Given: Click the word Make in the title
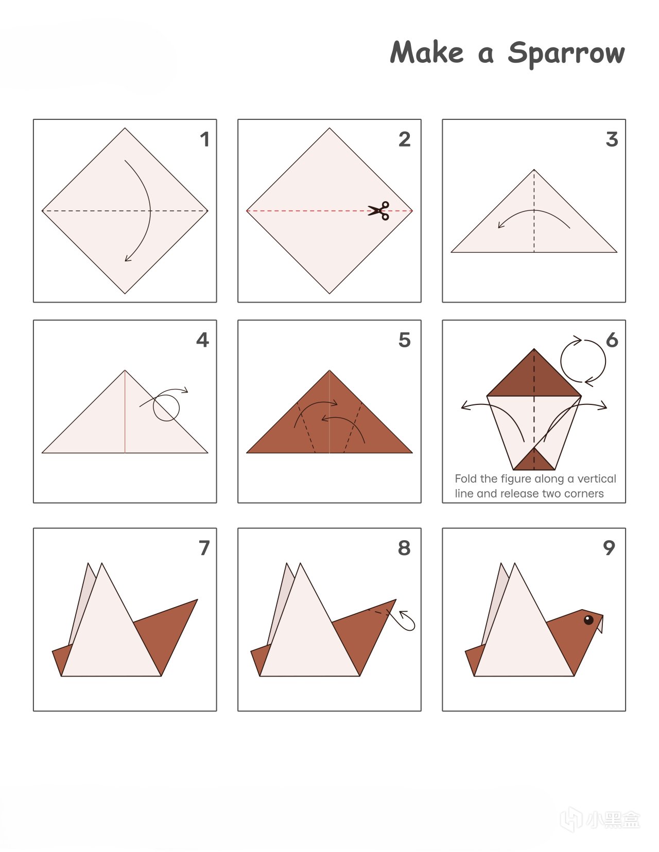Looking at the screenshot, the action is click(x=427, y=52).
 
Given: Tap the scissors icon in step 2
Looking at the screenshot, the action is click(x=378, y=211).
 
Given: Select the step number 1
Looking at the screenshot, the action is click(x=204, y=139).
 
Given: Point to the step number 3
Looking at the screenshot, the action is click(x=612, y=139).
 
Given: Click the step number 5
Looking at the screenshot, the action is click(x=405, y=340).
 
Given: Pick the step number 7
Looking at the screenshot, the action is click(x=204, y=548).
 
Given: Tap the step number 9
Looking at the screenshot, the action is click(x=609, y=548).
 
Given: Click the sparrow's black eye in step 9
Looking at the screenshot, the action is click(x=588, y=619).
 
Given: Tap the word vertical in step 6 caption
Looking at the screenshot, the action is click(x=597, y=478).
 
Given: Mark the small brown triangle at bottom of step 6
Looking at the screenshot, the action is click(x=534, y=460).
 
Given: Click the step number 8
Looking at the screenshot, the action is click(x=404, y=548).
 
